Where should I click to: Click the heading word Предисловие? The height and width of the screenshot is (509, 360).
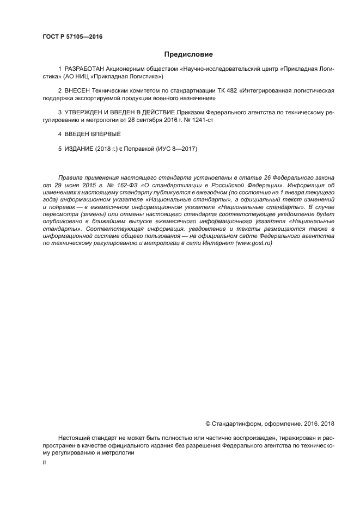point(188,54)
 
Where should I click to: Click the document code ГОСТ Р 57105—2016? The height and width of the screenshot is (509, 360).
point(72,36)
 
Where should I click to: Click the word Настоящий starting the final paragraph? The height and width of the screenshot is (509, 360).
point(72,438)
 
